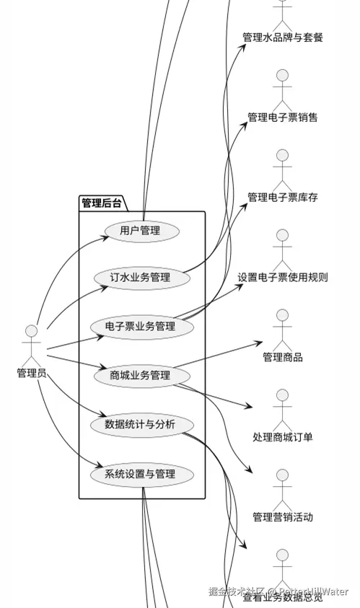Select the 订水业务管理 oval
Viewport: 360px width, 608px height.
[140, 278]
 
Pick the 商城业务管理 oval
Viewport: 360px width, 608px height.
[141, 375]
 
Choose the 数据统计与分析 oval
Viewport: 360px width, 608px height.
[141, 424]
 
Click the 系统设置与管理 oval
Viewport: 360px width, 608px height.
[141, 474]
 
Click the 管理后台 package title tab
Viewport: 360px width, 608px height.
[101, 203]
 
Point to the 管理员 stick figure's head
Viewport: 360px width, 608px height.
[31, 331]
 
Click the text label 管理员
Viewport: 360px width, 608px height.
[31, 373]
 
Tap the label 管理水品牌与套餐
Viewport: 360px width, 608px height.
[282, 38]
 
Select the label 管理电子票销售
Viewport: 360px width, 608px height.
[282, 117]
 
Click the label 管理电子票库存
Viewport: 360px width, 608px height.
[282, 197]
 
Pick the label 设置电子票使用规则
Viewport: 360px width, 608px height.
[282, 277]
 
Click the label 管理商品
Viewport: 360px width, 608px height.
[282, 357]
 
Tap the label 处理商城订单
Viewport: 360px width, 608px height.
[282, 437]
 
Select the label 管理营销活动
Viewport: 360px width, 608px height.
[282, 517]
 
